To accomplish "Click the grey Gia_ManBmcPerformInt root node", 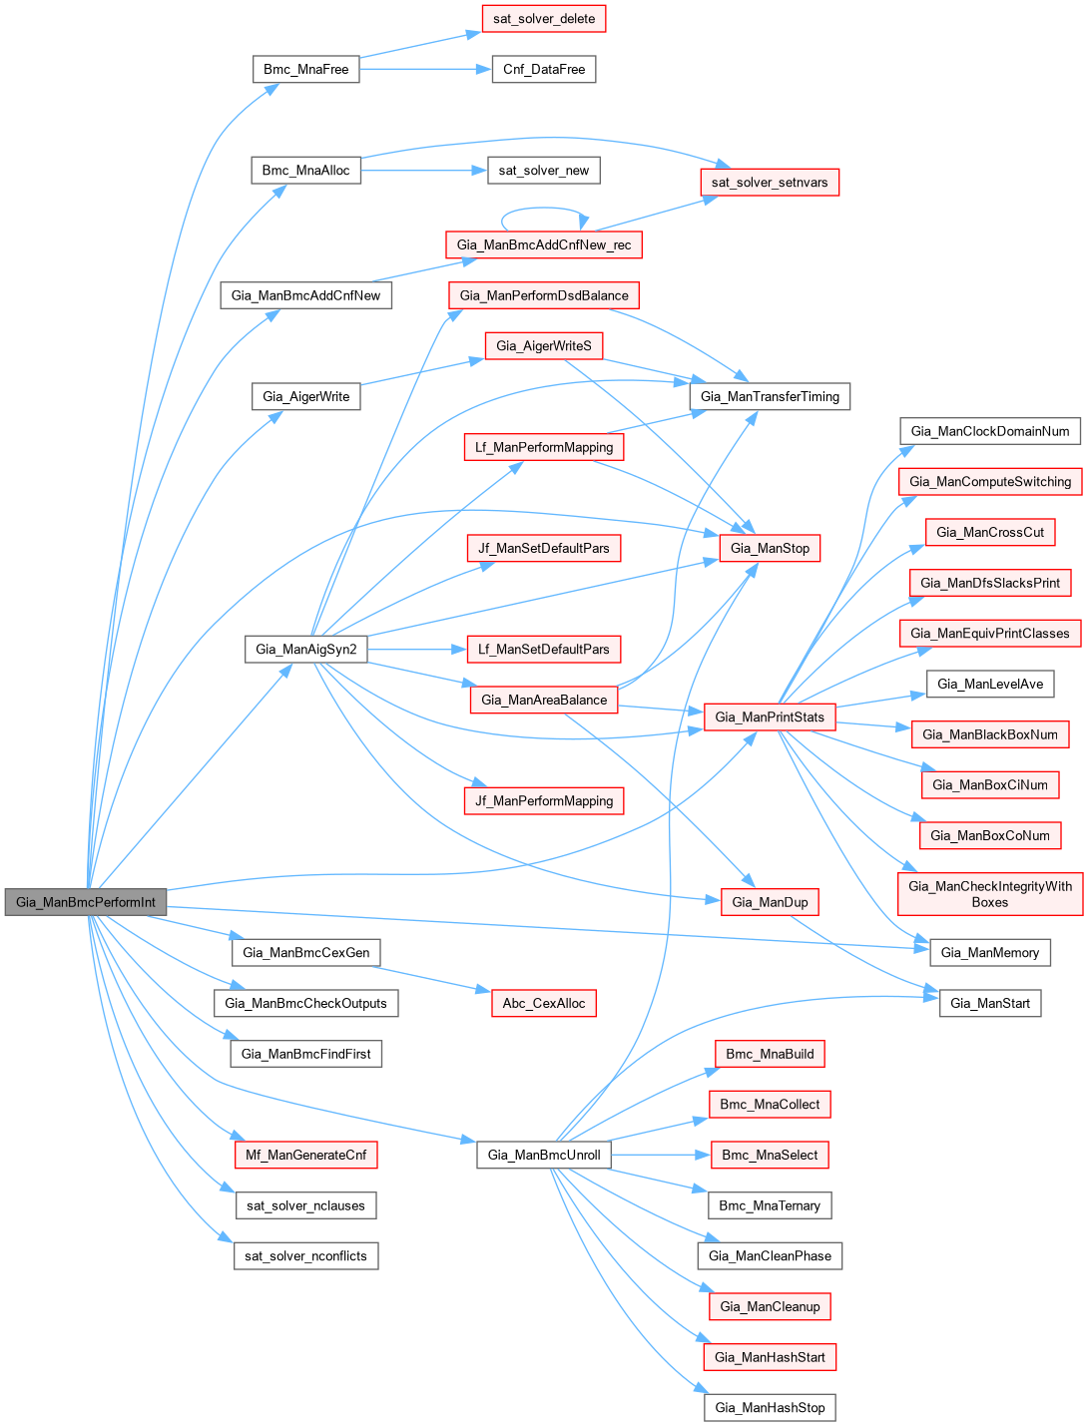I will coord(86,902).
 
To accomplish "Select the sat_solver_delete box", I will coord(544,19).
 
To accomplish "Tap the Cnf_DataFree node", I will coord(544,69).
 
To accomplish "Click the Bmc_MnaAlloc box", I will coord(305,170).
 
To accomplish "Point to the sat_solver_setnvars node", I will coord(770,183).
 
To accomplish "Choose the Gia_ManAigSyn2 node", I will coord(305,649).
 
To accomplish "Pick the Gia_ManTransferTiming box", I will coord(770,396).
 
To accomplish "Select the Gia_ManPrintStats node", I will coord(770,716).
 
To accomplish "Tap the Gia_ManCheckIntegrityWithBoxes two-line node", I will coord(990,894).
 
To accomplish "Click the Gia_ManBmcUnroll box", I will coord(544,1155).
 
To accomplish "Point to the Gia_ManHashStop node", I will coord(770,1407).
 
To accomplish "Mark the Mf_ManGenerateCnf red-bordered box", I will coord(305,1155).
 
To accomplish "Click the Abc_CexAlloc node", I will coord(544,1003).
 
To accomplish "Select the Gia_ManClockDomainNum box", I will coord(990,431).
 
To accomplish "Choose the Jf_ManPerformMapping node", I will coord(544,800).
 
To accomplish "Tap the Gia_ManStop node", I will coord(770,548).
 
